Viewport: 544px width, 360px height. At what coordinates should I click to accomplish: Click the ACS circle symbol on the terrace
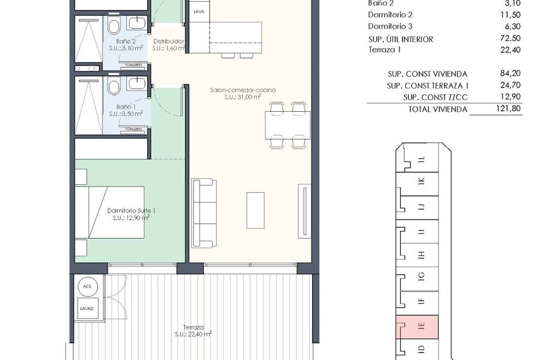click(87, 286)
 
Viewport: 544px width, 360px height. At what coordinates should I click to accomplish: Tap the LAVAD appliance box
click(87, 308)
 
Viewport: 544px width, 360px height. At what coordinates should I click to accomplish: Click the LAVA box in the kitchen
click(199, 11)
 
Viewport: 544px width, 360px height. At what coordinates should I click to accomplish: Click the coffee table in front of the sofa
click(256, 210)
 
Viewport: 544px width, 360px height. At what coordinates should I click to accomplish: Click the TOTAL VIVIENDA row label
click(438, 109)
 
